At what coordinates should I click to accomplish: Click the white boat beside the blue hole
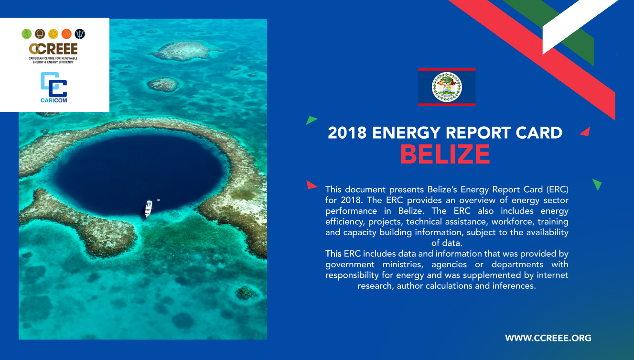(x=149, y=208)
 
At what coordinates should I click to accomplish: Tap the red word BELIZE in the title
(x=445, y=154)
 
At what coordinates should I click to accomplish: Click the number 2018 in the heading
(x=347, y=132)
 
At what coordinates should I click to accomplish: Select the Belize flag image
(x=447, y=87)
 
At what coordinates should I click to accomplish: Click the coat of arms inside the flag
(x=447, y=87)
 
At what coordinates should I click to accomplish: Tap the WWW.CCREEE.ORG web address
(x=548, y=338)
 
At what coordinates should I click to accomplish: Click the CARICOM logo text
(x=54, y=100)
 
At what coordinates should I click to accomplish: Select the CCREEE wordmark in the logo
(x=53, y=49)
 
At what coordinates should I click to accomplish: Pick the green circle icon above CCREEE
(x=27, y=34)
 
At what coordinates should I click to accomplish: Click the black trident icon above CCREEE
(x=80, y=34)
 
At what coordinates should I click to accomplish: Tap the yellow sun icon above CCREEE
(x=53, y=34)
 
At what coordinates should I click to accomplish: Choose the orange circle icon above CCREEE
(x=66, y=34)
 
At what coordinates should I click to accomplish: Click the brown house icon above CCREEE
(x=40, y=34)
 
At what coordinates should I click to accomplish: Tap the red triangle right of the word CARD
(x=586, y=132)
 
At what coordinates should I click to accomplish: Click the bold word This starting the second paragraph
(x=333, y=253)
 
